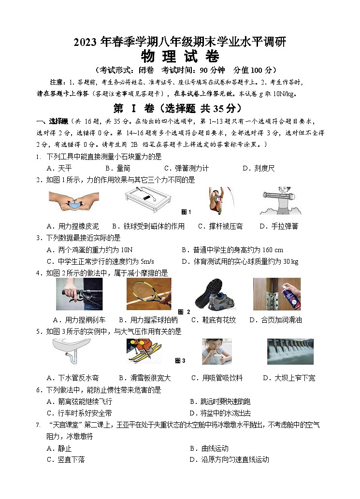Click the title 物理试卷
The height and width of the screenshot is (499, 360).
[179, 57]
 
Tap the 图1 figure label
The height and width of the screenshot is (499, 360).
[186, 212]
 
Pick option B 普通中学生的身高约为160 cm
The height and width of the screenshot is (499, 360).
[232, 250]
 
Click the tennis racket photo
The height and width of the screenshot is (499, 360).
[149, 294]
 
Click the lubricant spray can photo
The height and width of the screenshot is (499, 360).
[276, 294]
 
